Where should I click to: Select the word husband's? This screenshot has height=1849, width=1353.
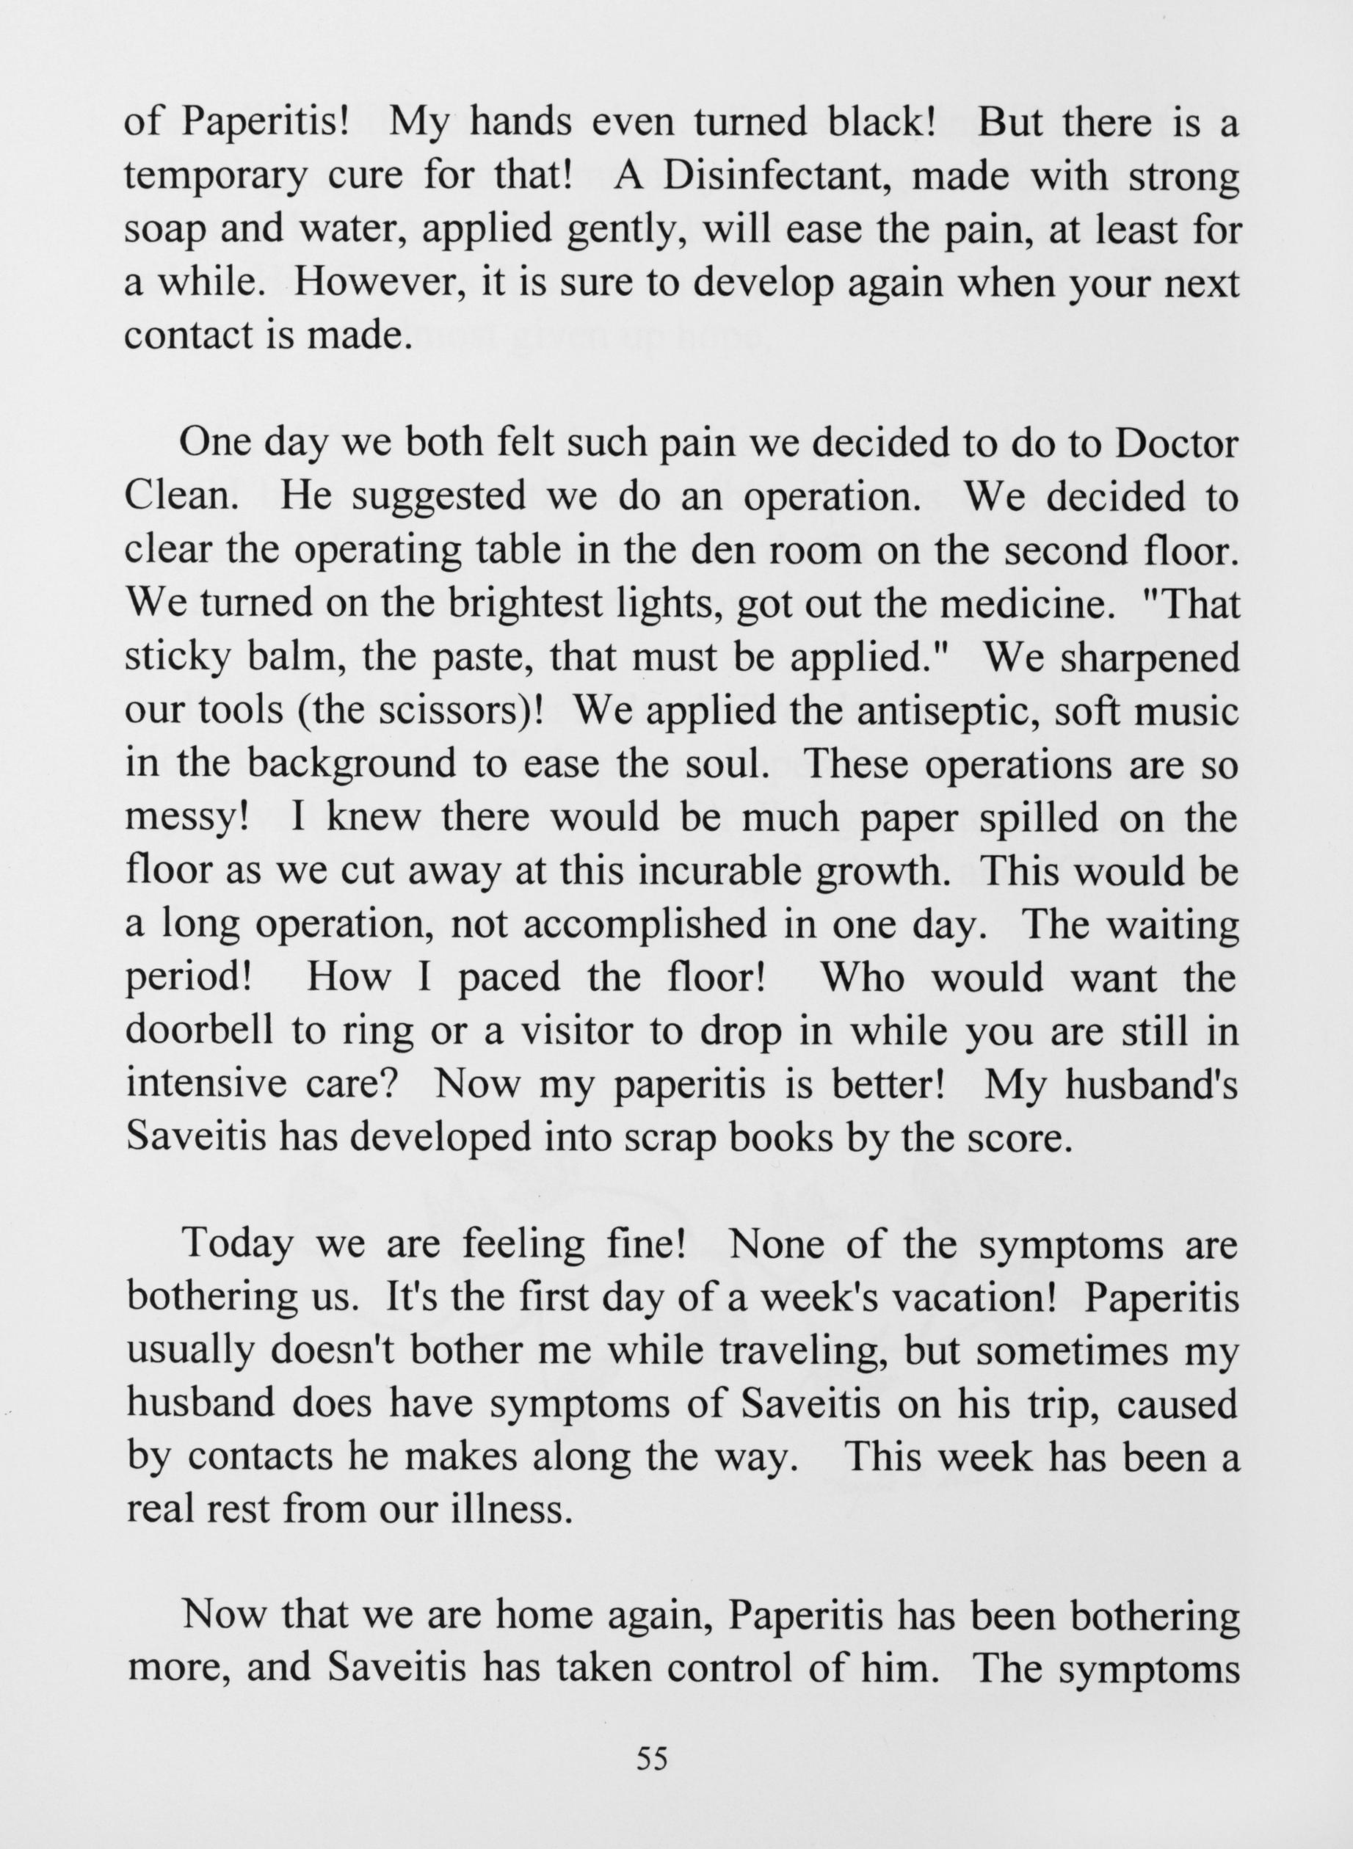click(x=1152, y=1084)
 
